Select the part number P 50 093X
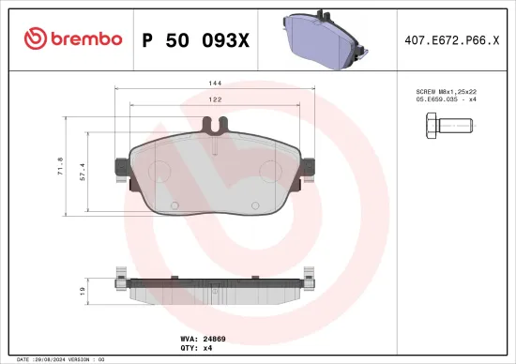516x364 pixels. (x=194, y=39)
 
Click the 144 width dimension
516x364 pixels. (x=215, y=84)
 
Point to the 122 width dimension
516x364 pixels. (x=215, y=99)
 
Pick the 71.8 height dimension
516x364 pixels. (x=61, y=166)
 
